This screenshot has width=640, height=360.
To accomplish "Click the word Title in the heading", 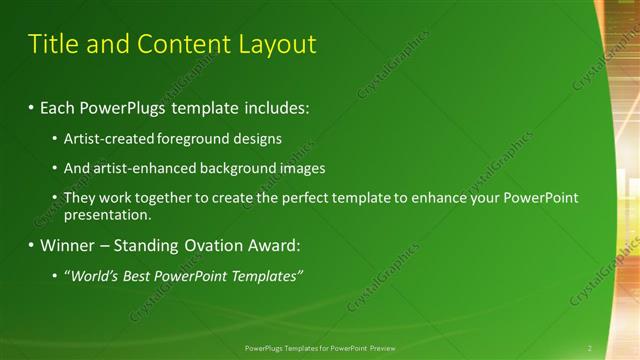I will click(54, 44).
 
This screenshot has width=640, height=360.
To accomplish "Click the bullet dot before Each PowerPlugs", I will click(32, 106).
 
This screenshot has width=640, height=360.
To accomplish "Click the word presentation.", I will click(107, 214).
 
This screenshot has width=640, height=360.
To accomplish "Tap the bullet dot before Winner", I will click(32, 244).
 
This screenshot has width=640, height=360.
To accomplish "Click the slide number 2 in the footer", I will click(589, 348).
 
